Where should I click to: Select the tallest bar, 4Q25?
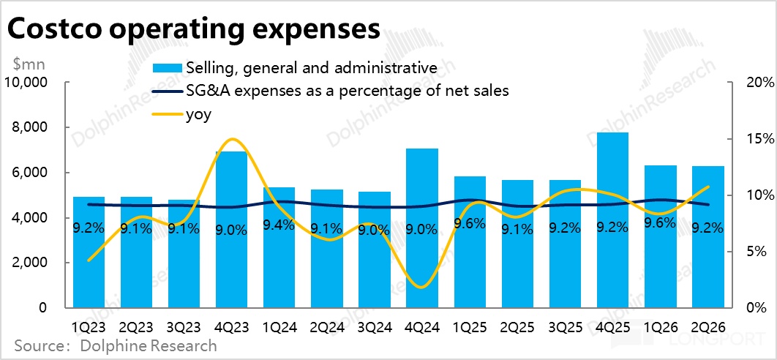click(612, 220)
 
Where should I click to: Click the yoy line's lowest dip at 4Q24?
click(421, 287)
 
